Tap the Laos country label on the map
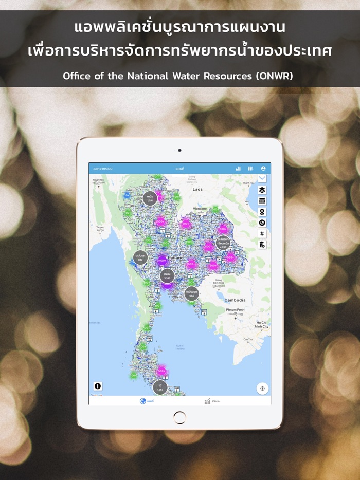[x=197, y=189]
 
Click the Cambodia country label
[x=235, y=300]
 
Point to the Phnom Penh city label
[x=236, y=310]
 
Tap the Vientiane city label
[x=200, y=209]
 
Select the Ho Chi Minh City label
[x=261, y=324]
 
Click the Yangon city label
[x=101, y=228]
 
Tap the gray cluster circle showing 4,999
[x=223, y=243]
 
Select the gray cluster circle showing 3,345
[x=167, y=276]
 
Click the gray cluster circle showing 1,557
[x=160, y=387]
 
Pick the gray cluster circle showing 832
[x=140, y=257]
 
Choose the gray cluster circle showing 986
[x=191, y=293]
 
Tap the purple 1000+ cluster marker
[x=163, y=261]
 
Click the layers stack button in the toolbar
[x=262, y=190]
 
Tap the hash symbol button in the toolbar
[x=262, y=233]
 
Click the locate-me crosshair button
[x=262, y=389]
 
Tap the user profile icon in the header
[x=263, y=168]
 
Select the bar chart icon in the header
[x=238, y=168]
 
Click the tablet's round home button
[x=179, y=417]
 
